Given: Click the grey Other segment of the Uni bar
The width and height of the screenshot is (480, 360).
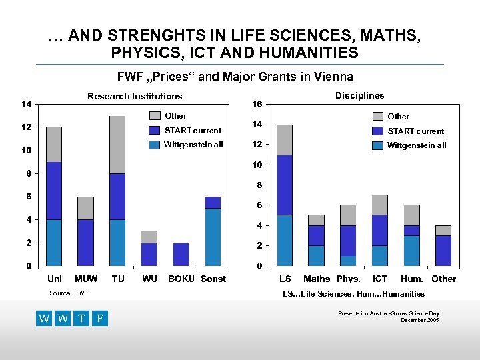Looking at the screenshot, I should (54, 144).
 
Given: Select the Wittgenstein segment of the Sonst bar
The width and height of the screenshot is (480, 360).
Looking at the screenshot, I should (213, 237).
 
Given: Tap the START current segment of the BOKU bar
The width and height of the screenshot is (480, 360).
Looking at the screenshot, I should (181, 254).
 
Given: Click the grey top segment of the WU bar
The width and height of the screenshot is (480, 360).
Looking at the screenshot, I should (149, 237).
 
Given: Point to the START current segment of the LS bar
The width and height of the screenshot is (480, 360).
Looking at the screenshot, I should (285, 185).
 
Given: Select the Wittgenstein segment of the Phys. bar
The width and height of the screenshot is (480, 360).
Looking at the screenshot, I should (348, 261).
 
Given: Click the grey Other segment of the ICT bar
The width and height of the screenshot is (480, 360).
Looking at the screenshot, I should (380, 205).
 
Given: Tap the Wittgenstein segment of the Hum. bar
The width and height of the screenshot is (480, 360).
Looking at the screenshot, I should (412, 251).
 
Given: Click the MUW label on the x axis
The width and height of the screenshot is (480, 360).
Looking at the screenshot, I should (86, 279).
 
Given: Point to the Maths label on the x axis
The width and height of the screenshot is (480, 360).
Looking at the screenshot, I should (317, 279).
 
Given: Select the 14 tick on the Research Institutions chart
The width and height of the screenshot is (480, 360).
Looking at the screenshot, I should (25, 104).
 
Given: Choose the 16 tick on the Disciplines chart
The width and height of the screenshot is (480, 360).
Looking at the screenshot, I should (257, 104).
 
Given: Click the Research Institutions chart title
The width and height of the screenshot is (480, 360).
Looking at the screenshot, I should (135, 97).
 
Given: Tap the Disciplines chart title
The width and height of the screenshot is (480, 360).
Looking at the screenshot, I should (360, 95).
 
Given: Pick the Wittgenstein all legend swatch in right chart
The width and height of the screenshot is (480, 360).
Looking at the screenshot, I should (378, 145).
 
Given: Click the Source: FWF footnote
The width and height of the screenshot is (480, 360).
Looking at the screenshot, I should (69, 293).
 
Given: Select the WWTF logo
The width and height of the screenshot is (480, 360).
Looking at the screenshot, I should (72, 318).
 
